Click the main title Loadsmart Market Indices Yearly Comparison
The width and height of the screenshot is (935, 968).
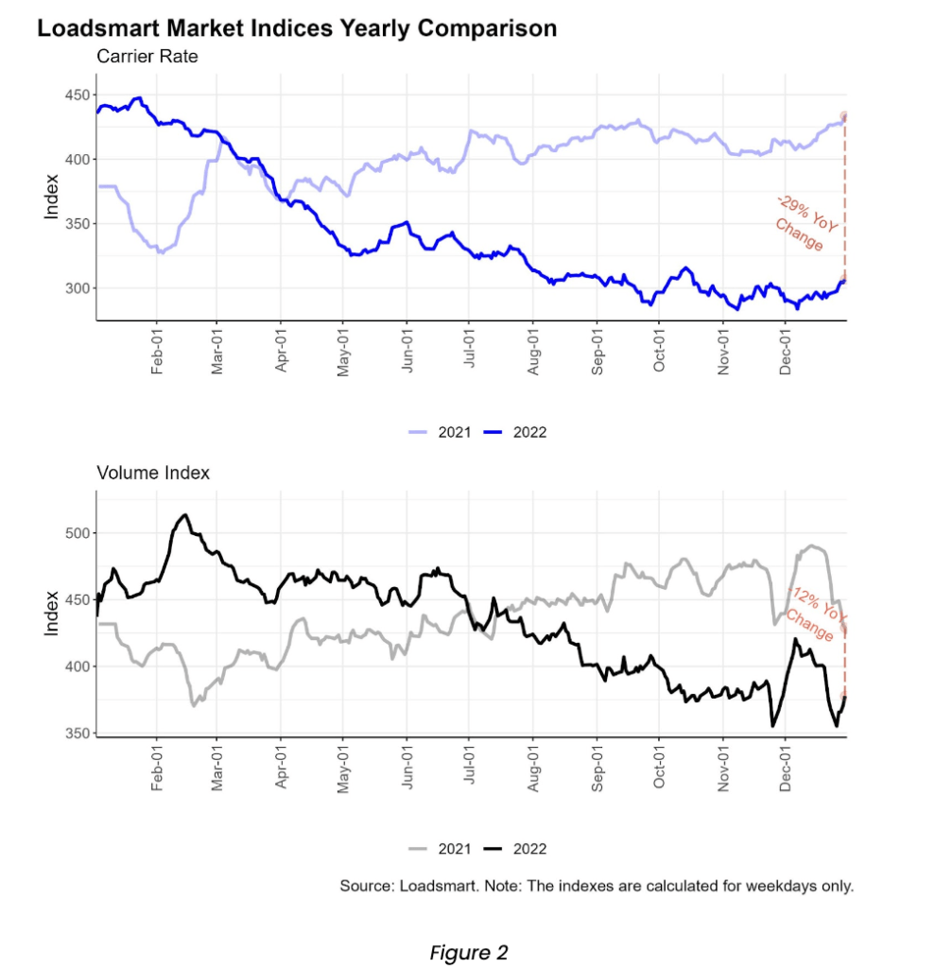click(297, 28)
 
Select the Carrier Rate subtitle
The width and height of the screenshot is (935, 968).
click(147, 58)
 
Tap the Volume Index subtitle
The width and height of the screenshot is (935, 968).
click(153, 473)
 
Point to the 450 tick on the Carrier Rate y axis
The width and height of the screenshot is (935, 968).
click(77, 95)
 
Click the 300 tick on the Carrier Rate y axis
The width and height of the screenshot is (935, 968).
click(77, 288)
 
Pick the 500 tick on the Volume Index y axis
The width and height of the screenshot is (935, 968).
click(77, 533)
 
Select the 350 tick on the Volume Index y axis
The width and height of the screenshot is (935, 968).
click(77, 734)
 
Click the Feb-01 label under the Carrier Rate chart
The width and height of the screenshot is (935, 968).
click(157, 353)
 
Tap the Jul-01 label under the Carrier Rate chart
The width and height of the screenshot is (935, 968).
click(471, 351)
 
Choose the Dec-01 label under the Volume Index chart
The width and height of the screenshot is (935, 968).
click(786, 768)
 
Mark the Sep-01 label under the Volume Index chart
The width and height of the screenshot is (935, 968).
click(597, 768)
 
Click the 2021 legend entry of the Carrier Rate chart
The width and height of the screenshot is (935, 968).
click(438, 432)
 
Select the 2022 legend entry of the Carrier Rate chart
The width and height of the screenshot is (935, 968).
click(515, 432)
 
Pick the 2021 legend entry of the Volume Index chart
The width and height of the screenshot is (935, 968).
click(438, 849)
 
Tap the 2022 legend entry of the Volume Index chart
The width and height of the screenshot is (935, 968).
click(515, 849)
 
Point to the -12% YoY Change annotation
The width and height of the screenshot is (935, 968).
click(815, 613)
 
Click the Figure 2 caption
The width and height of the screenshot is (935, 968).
click(468, 953)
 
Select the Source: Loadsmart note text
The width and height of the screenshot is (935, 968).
click(597, 887)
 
